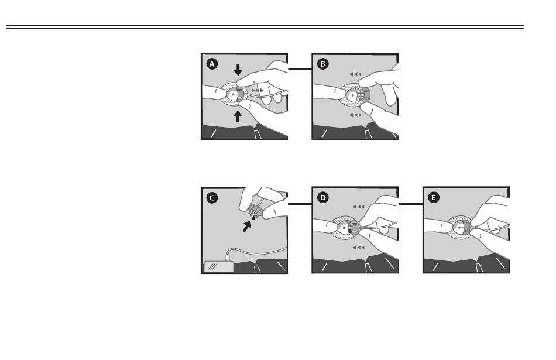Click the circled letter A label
212,64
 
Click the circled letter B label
322,64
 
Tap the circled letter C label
212,197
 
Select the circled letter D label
322,197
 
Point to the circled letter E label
434,197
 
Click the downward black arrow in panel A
238,70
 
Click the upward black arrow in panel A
238,116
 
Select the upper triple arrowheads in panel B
355,74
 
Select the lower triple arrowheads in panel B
355,115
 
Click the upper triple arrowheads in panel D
359,207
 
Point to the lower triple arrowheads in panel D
359,248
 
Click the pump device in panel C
219,266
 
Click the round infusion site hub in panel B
352,95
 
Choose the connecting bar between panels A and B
300,70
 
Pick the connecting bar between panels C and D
300,204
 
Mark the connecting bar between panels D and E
411,204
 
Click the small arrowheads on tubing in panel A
258,91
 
